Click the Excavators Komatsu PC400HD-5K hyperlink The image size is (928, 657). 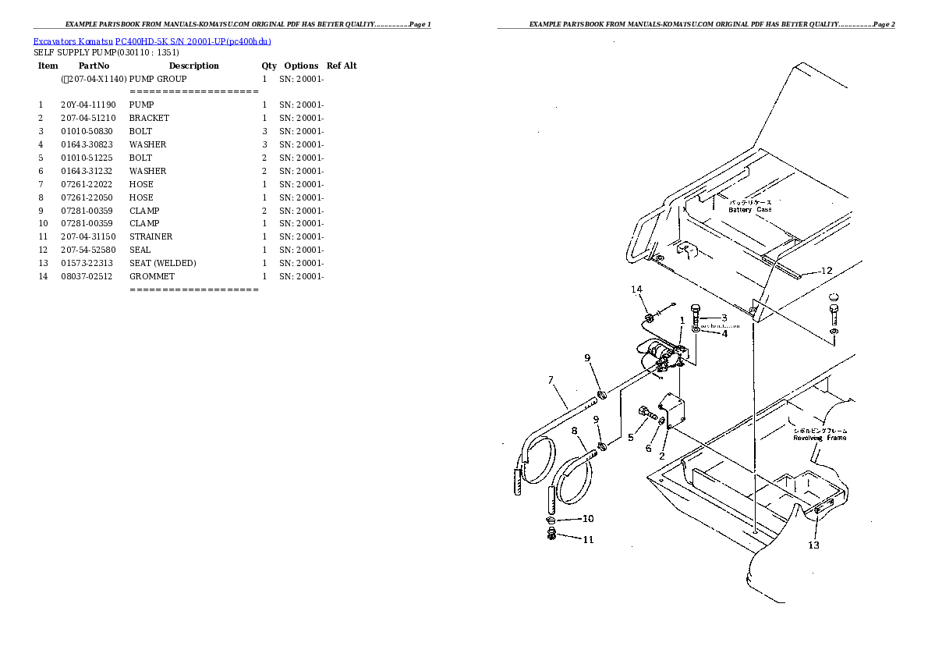pos(152,41)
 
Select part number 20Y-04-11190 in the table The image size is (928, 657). pos(87,105)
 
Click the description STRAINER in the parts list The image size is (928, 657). pos(151,236)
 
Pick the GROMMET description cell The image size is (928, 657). pos(151,276)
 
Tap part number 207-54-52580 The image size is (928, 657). pos(87,250)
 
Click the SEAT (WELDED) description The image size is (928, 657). pos(162,263)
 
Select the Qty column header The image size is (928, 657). pos(268,66)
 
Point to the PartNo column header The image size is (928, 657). pos(94,66)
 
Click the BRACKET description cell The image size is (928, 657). pos(149,118)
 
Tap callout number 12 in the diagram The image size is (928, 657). pos(826,271)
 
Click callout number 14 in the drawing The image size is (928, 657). pos(636,289)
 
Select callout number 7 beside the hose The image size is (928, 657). pos(551,380)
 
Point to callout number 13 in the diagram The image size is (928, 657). pos(813,545)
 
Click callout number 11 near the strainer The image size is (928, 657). pos(588,539)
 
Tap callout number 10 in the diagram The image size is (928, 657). pos(587,519)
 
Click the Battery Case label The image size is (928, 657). pos(749,209)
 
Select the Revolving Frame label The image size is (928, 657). pos(819,438)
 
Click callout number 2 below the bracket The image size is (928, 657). pos(661,456)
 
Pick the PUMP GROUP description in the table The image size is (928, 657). pos(158,79)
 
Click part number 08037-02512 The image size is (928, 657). pos(87,276)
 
